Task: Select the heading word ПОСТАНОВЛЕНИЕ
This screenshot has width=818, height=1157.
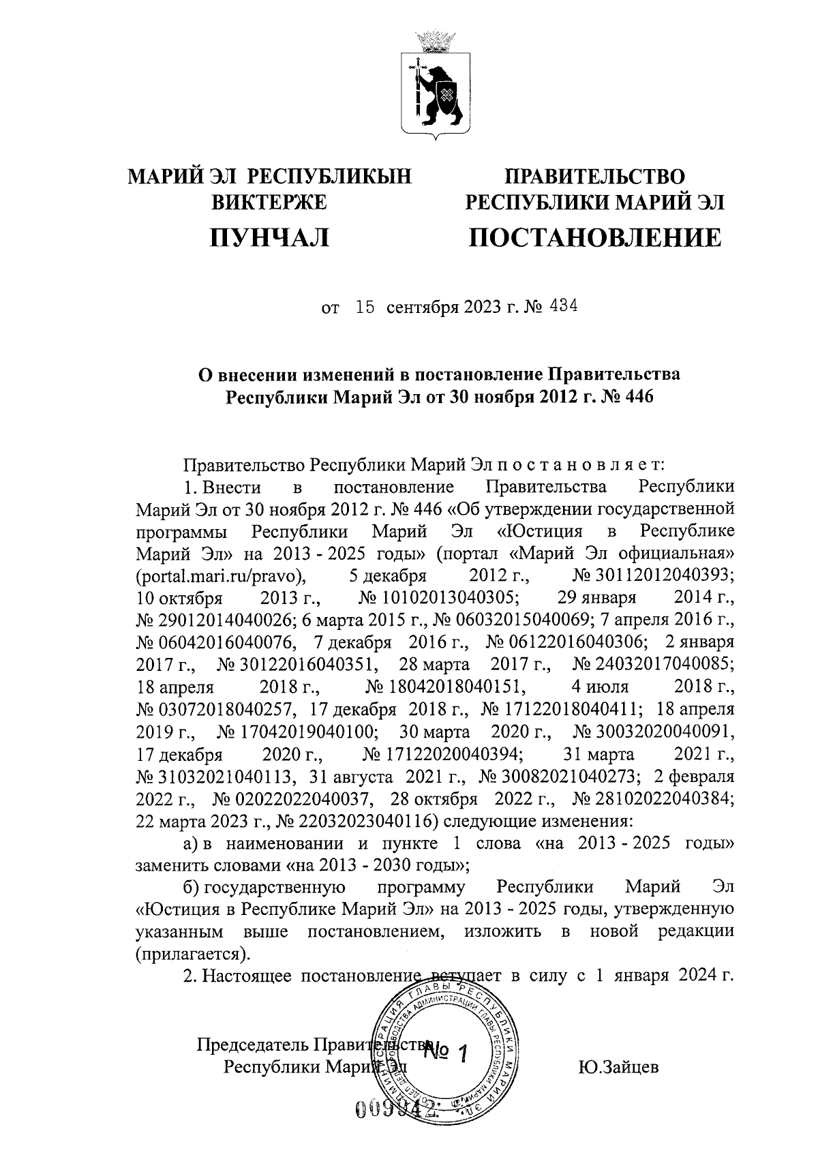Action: click(594, 237)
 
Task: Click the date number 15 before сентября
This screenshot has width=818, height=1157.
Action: click(365, 307)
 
